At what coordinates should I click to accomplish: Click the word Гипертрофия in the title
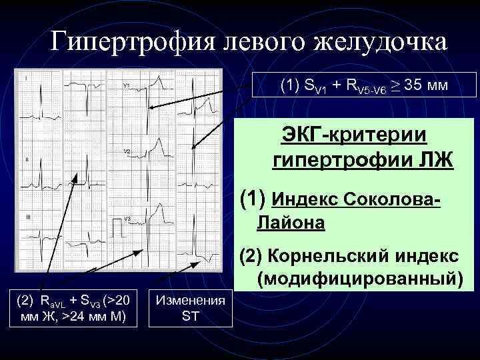point(122,44)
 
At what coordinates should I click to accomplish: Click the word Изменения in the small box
point(190,300)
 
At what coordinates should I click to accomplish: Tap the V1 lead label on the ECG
point(127,85)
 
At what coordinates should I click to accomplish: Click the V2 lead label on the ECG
point(127,152)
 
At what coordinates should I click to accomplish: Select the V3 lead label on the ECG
point(127,219)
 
